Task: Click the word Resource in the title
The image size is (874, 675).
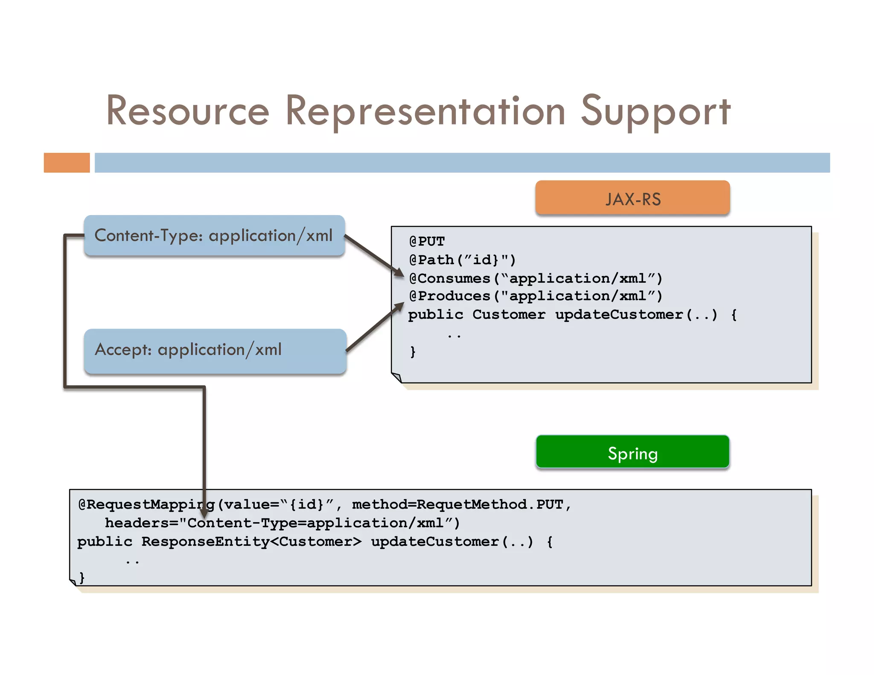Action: tap(188, 111)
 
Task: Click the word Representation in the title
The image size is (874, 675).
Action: tap(425, 111)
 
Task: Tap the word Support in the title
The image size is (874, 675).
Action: tap(655, 111)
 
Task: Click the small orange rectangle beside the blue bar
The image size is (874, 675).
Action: tap(67, 163)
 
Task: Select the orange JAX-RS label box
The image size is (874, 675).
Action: tap(632, 198)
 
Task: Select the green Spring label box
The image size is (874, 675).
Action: tap(632, 452)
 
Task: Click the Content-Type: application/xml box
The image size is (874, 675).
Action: tap(213, 236)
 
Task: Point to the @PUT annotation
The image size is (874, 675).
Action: tap(427, 241)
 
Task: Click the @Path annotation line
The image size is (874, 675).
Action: tap(462, 260)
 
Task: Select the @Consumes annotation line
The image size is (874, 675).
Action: tap(535, 278)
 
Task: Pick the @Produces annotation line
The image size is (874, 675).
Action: tap(535, 296)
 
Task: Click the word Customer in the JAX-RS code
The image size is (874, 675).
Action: tap(509, 315)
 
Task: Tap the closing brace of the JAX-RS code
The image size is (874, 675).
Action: tap(412, 352)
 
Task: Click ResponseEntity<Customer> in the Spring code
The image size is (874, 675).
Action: tap(251, 542)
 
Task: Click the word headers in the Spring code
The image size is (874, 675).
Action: tap(137, 523)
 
